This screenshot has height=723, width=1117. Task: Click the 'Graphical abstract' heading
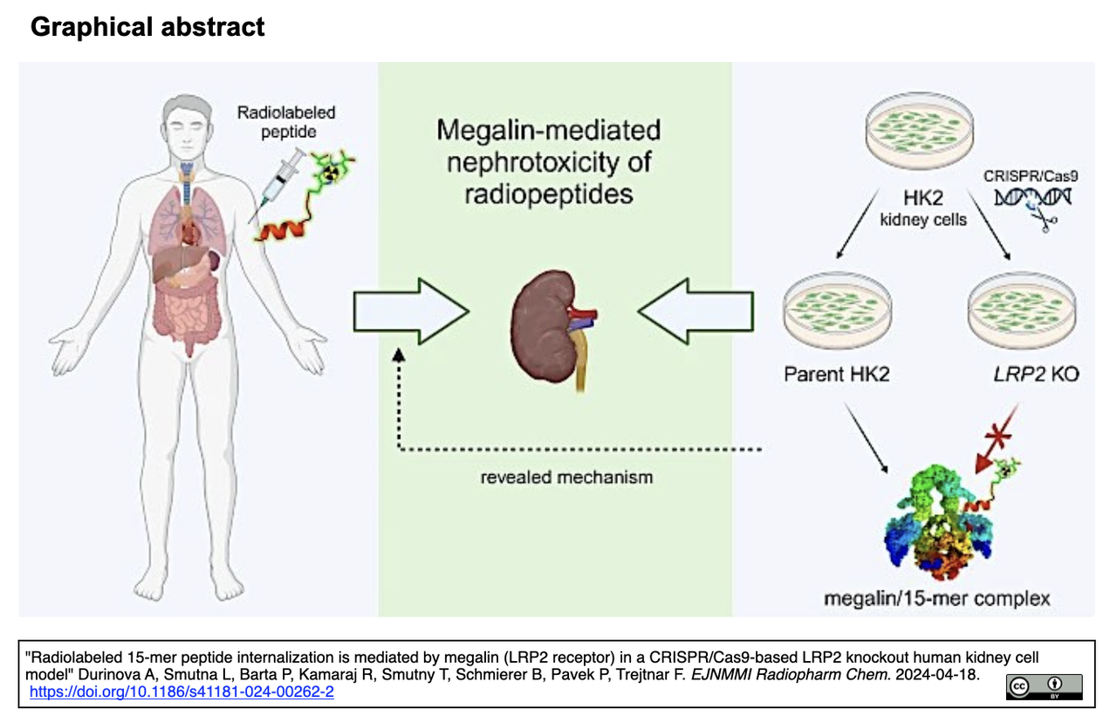147,27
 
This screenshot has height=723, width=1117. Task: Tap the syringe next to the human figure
278,181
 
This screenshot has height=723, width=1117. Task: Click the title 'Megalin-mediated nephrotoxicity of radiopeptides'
548,162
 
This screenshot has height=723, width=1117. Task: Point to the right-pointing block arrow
410,311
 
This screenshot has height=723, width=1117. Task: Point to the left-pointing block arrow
695,311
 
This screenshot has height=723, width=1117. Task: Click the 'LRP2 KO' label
1024,374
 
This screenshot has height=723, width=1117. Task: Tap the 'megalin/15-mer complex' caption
936,598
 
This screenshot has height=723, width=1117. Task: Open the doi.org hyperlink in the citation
182,692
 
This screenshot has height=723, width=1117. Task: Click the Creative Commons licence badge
1044,686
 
